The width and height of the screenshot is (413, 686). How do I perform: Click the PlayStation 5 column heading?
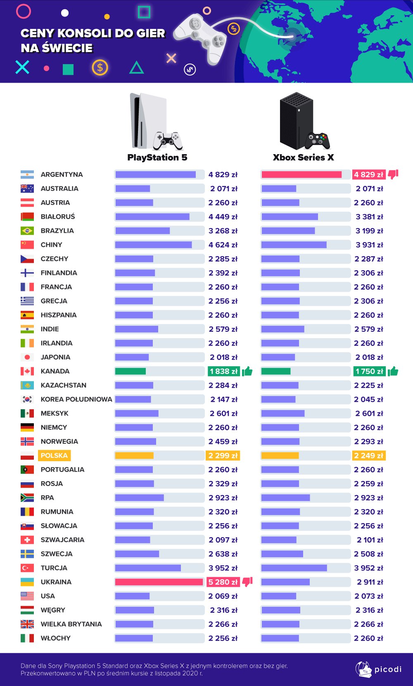[x=157, y=157]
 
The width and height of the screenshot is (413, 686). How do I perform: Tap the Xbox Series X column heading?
[x=303, y=157]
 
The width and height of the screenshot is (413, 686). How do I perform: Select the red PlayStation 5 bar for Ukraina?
[x=159, y=582]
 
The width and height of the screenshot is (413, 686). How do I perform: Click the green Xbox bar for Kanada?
[x=276, y=371]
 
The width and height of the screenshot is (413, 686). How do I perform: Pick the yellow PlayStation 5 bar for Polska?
[x=134, y=455]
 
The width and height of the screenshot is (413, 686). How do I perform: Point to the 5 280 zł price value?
[x=223, y=582]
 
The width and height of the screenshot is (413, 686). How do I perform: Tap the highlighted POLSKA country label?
[x=54, y=455]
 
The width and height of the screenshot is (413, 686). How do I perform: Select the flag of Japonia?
[x=27, y=357]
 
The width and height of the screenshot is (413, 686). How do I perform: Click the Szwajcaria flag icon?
[x=27, y=540]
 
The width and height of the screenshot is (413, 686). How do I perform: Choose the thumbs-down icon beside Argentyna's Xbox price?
[x=393, y=174]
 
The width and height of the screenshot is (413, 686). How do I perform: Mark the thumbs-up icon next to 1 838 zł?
[x=247, y=371]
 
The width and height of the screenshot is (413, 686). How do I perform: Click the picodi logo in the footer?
[x=378, y=669]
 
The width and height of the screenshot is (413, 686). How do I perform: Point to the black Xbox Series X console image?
[x=296, y=120]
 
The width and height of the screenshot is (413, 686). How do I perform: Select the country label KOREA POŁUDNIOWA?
[x=76, y=399]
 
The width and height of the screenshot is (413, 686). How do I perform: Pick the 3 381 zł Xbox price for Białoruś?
[x=369, y=217]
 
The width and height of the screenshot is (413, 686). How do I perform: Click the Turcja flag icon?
[x=27, y=568]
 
